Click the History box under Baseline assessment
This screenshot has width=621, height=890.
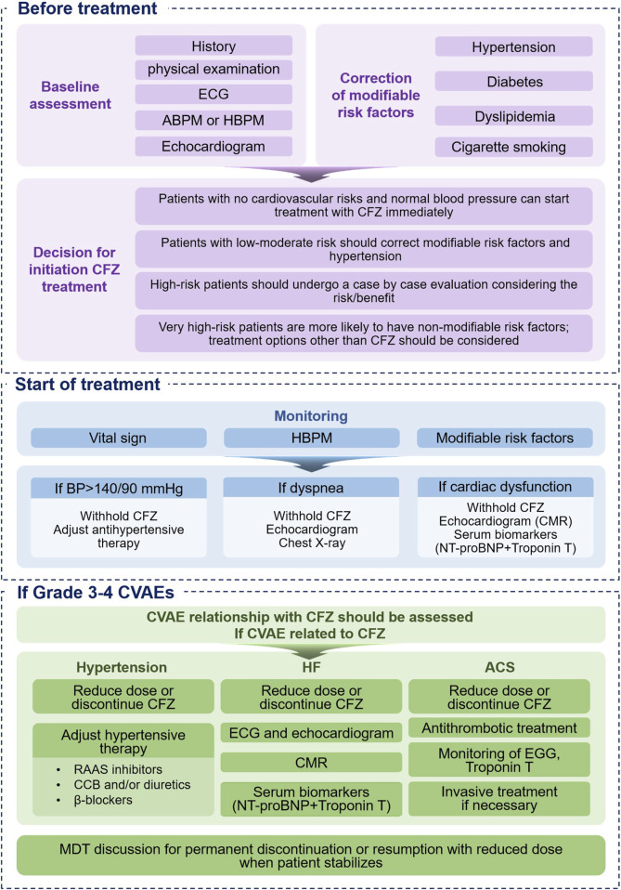pos(213,46)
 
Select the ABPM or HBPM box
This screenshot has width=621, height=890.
pos(213,121)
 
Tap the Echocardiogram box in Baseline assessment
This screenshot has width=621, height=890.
pos(213,147)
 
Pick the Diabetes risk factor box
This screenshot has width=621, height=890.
pos(514,82)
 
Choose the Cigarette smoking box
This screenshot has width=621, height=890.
pos(514,147)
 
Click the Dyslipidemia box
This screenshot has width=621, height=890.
pos(514,116)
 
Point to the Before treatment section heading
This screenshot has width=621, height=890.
pos(87,8)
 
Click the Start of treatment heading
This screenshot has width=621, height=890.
pos(87,385)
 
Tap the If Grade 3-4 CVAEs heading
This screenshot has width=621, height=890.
pos(96,593)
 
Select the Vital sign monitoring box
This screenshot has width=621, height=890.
pos(118,438)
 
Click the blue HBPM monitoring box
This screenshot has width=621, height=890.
pos(311,438)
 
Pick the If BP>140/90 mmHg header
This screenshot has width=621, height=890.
pos(119,488)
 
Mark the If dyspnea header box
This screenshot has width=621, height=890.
pos(311,488)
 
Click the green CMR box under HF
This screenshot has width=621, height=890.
pos(311,763)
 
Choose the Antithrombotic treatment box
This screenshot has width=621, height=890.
pos(499,727)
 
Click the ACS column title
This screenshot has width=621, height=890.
pos(499,667)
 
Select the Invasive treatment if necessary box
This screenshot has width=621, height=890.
pos(499,799)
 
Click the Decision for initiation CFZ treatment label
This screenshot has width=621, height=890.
pos(74,269)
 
